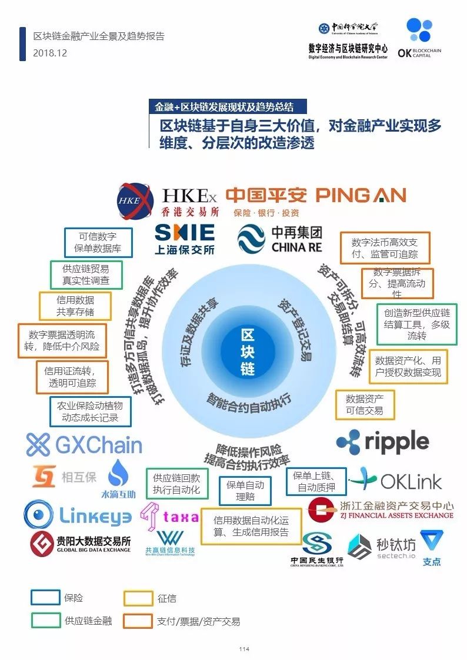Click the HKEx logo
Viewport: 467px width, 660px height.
168,201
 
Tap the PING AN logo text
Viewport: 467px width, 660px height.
361,196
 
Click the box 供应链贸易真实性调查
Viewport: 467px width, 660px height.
86,274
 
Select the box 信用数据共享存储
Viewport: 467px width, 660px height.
75,306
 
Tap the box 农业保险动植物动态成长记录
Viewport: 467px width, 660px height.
89,411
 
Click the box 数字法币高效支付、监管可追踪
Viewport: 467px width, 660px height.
385,248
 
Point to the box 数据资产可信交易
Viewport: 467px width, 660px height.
364,404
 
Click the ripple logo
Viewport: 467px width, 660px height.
383,442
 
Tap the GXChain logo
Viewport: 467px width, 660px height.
84,445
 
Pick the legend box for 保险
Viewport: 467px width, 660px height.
45,598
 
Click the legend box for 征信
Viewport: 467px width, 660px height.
138,598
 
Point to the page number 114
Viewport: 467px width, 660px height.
244,649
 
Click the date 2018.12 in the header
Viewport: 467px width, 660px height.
50,53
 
